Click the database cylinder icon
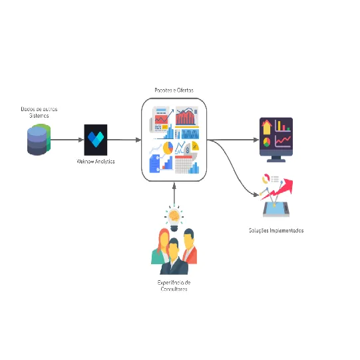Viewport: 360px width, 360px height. [38, 140]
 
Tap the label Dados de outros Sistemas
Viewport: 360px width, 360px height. [39, 111]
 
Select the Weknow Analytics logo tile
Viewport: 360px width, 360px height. [96, 140]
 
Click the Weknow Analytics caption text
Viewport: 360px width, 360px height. [96, 162]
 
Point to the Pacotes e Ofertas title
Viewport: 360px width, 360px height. [174, 90]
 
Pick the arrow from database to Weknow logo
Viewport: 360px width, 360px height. [67, 140]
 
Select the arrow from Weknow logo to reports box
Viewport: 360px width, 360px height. [124, 140]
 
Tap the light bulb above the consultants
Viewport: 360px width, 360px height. [174, 216]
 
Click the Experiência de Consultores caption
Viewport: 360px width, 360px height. [174, 285]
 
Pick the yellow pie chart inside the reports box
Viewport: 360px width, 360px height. [168, 147]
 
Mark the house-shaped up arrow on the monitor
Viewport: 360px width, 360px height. [267, 126]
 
